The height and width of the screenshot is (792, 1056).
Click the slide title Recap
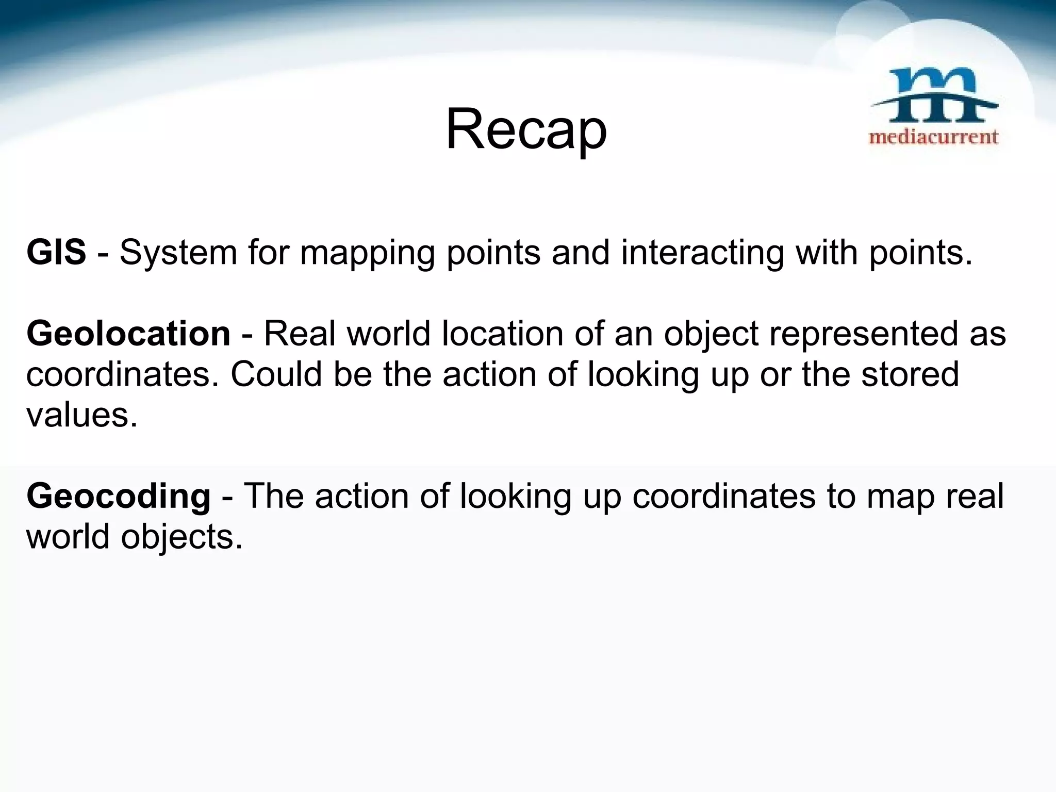[526, 130]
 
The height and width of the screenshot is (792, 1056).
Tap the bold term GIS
[56, 253]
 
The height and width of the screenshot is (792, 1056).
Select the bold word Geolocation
[128, 334]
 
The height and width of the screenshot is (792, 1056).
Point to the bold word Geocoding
[119, 496]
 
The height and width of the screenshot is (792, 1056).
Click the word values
[81, 415]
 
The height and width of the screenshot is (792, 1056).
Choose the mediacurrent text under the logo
[934, 137]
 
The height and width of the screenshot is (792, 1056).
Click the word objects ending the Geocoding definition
[181, 538]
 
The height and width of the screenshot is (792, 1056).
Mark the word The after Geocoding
[273, 496]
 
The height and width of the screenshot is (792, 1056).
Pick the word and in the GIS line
[580, 253]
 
